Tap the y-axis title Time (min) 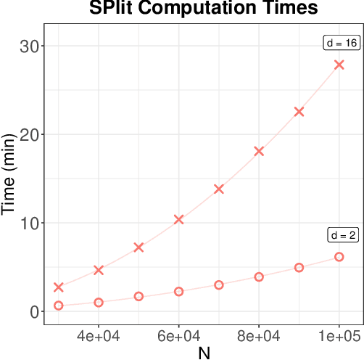click(9, 179)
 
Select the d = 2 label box click(342, 235)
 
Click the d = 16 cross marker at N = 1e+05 click(339, 65)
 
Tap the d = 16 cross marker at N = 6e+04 click(179, 219)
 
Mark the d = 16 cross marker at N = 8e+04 click(259, 151)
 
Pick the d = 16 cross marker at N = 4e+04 click(99, 270)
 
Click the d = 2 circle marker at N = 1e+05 click(339, 257)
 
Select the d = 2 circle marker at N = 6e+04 click(179, 292)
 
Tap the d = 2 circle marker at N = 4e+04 click(99, 303)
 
